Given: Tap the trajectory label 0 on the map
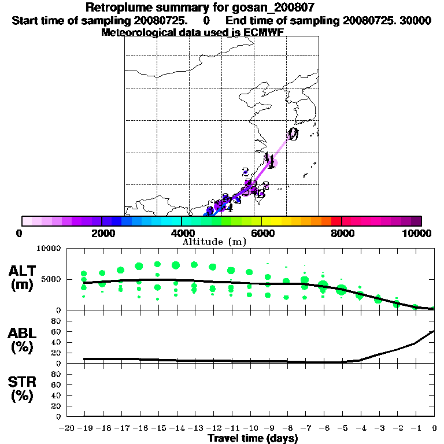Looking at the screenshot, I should point(293,134).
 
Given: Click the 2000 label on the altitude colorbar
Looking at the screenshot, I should point(102,233).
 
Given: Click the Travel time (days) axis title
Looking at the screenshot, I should point(253,439).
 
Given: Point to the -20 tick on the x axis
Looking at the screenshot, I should point(68,428).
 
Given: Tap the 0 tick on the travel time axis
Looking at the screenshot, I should point(434,428).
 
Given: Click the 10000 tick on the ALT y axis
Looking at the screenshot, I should point(49,249).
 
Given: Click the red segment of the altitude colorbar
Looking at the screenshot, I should point(336,221).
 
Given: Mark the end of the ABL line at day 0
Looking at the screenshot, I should point(434,331).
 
